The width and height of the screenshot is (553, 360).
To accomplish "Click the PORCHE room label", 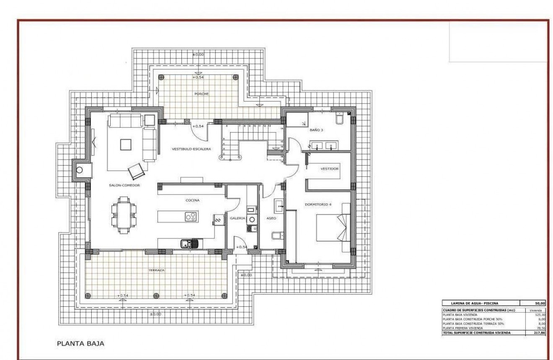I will click(202, 94).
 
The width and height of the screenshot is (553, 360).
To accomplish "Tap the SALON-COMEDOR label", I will click(124, 185).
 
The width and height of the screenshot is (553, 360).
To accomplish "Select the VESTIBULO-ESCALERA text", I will click(191, 149).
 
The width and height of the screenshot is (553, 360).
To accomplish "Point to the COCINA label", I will click(193, 200).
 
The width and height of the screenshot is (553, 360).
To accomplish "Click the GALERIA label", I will click(237, 218).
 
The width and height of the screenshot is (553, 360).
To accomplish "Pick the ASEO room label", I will click(271, 218).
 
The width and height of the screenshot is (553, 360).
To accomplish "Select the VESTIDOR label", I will click(329, 169).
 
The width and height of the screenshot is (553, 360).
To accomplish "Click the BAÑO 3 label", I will click(316, 130).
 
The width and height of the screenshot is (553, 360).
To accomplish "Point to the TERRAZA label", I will click(156, 270).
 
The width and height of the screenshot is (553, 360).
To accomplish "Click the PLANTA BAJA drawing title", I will click(80, 343).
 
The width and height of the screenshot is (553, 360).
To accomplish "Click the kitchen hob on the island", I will click(191, 217).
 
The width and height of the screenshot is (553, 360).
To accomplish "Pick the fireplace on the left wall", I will click(79, 170).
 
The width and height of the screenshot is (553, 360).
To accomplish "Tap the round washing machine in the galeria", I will click(251, 219).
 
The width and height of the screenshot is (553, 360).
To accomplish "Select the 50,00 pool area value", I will click(540, 303).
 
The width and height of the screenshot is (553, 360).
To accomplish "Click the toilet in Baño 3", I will click(340, 119).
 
